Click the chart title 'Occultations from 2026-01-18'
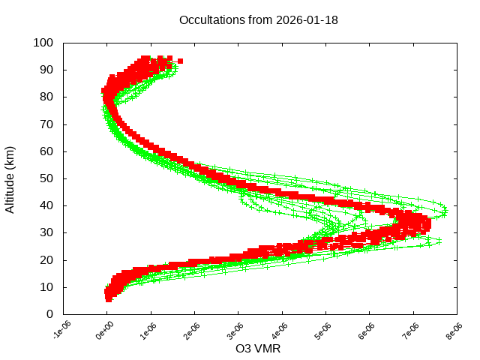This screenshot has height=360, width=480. click(259, 20)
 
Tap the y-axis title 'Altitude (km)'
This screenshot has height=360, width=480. click(10, 178)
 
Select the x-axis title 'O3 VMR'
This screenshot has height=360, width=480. click(259, 348)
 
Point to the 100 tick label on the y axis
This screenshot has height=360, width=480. click(43, 43)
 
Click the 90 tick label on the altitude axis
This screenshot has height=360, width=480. click(46, 70)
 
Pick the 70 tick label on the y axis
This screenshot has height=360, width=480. click(46, 124)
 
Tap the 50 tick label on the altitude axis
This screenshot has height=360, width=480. click(46, 178)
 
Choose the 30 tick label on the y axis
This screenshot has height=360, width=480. click(46, 232)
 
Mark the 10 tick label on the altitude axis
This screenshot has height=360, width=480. click(46, 287)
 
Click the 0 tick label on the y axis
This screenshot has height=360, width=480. click(49, 314)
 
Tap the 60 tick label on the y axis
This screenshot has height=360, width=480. click(46, 151)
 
